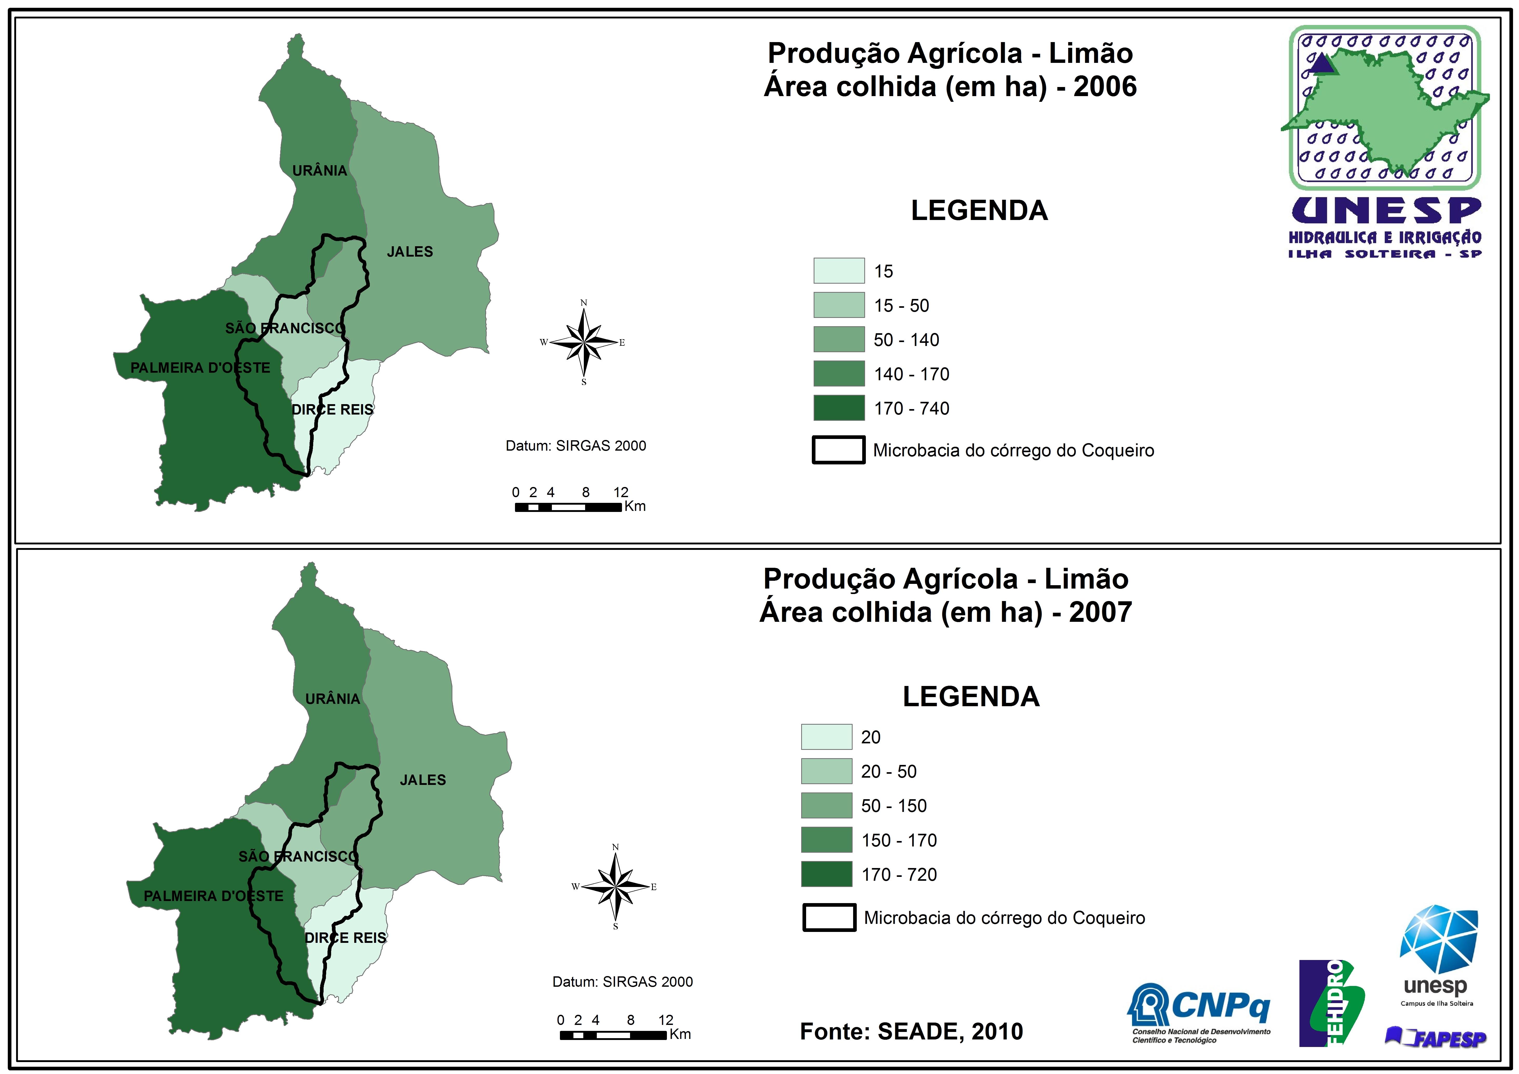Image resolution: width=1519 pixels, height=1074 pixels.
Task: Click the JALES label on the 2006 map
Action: coord(410,252)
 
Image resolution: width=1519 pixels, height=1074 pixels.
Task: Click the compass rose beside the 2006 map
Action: coord(584,342)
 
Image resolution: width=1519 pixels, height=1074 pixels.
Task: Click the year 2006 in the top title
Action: coord(1105,87)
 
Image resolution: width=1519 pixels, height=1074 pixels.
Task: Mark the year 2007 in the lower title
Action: coord(1100,612)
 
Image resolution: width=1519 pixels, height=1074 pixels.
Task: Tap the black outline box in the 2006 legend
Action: coord(838,450)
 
